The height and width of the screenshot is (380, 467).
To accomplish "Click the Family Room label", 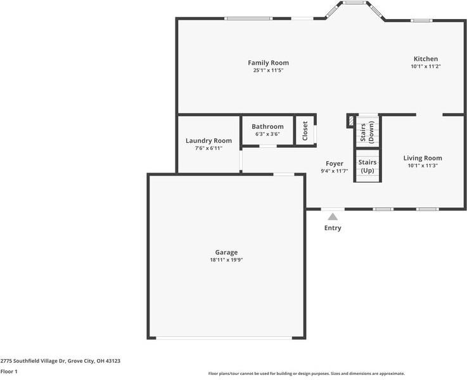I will pos(268,63).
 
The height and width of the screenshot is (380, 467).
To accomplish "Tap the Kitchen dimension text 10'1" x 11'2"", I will pos(425,67).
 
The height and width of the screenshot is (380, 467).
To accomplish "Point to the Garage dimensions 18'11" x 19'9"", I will pos(226,260).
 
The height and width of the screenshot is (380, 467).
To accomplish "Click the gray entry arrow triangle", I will pos(333,217).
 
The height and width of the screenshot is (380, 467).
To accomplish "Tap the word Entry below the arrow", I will pos(333,228).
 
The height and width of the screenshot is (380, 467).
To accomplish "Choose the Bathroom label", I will pos(267,127).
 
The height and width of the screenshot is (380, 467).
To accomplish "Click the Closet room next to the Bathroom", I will pos(305,131).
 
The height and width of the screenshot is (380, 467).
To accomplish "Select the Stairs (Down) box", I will pos(368,130).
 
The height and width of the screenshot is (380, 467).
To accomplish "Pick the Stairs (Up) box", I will pos(368,166).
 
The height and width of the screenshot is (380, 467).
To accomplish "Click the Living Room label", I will pos(423,158).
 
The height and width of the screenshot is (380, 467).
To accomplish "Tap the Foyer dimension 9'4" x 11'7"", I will pos(334,171).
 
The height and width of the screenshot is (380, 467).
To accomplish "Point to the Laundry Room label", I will pos(208,141).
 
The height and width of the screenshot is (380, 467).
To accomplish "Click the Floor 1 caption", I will pos(9,371).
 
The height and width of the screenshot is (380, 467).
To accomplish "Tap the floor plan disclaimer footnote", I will pos(306,374).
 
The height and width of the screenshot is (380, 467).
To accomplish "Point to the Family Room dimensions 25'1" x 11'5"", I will pos(268,70).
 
